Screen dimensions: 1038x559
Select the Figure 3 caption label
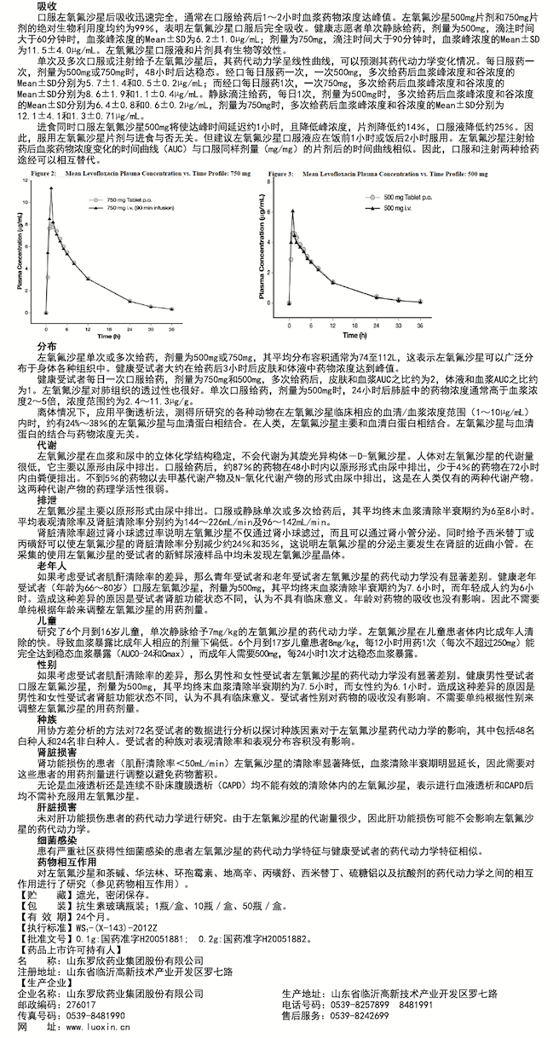coord(281,173)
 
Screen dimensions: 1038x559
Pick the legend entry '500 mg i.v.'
coord(396,208)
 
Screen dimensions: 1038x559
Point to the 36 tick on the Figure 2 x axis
coord(172,328)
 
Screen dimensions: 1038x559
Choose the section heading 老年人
coord(51,565)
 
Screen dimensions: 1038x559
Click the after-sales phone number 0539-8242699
coord(363,1017)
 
